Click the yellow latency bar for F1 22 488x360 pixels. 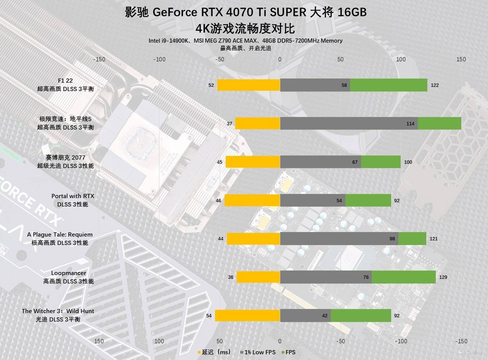click(249, 85)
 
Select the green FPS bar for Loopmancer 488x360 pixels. click(404, 277)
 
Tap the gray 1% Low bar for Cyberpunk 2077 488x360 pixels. click(320, 162)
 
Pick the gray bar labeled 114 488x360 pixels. click(349, 123)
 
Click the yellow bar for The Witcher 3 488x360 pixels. click(247, 316)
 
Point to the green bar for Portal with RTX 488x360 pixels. click(368, 200)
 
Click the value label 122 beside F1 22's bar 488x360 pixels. click(435, 85)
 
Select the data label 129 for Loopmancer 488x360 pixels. click(443, 277)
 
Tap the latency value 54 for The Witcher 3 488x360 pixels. click(209, 316)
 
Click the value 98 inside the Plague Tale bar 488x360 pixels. click(392, 239)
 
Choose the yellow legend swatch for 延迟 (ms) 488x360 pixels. click(199, 352)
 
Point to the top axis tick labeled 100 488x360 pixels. click(401, 59)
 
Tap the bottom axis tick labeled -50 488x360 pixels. click(340, 341)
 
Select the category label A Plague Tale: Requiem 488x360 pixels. click(60, 235)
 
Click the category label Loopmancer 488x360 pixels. click(69, 273)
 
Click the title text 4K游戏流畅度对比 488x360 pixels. click(245, 29)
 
